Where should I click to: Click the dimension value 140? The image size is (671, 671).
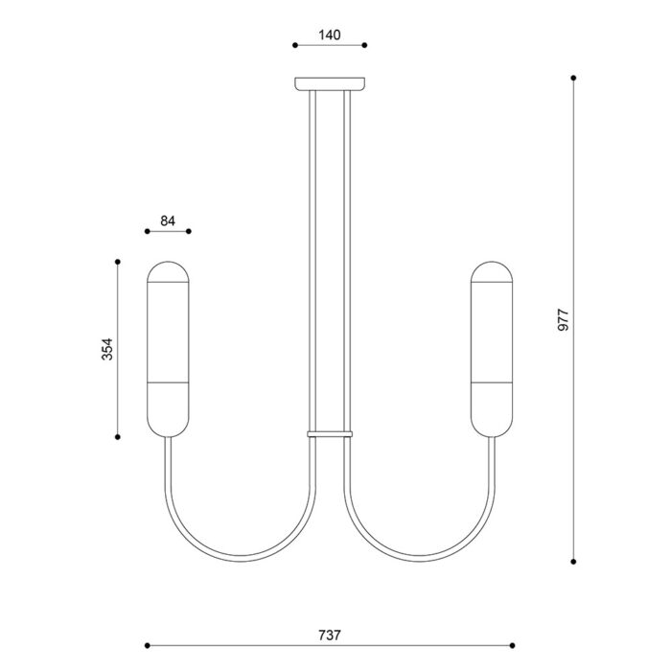pos(330,35)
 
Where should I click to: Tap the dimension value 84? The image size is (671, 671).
pos(168,220)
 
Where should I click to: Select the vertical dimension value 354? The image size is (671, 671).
pos(107,349)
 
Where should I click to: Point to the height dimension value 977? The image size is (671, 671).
pos(564,319)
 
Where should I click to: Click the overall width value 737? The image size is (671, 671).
pos(330,635)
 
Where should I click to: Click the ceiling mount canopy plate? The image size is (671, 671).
pos(330,84)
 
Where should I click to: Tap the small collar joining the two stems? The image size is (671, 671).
pos(330,434)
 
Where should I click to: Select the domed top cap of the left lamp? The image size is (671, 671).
pos(168,272)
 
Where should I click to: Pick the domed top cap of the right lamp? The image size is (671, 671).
pos(492,272)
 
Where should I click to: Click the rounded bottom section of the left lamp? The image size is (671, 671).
pos(168,409)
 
